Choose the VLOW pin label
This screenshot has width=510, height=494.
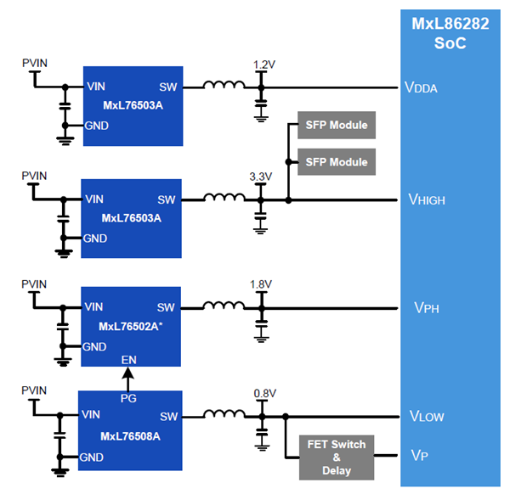point(427,417)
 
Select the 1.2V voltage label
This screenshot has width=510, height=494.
point(265,65)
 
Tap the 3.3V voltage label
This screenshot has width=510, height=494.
point(260,177)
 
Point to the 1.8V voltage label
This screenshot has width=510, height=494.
point(260,284)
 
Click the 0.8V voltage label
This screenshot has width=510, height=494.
point(265,394)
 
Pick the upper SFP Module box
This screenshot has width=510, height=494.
point(337,126)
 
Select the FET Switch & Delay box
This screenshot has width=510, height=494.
point(337,458)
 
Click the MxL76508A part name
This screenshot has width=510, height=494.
point(131,436)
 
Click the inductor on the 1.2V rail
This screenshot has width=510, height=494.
point(224,86)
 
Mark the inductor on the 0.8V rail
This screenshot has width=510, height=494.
point(224,416)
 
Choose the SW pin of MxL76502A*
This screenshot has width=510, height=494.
point(167,307)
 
